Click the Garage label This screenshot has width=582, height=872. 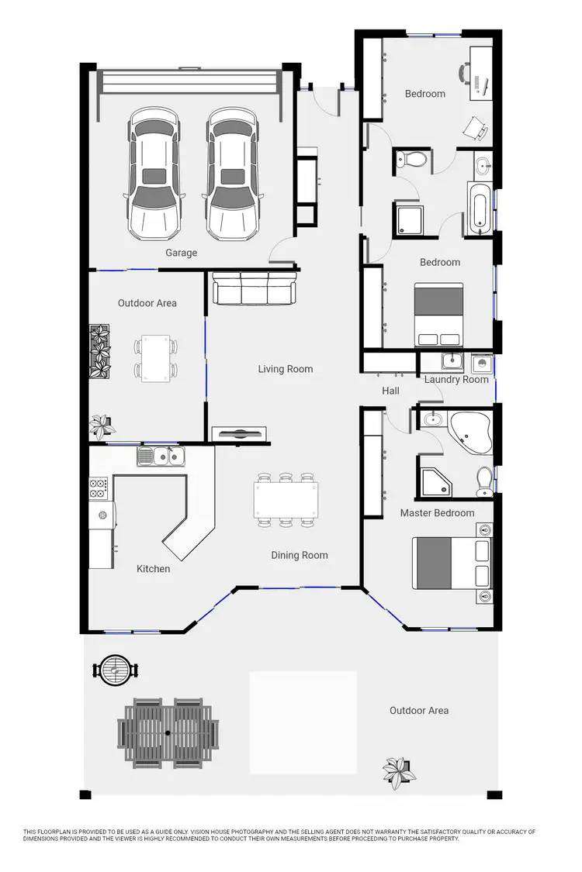tap(181, 253)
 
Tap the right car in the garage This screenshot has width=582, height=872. tap(232, 174)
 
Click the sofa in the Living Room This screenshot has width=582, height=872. tap(254, 289)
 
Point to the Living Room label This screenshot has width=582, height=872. tap(286, 369)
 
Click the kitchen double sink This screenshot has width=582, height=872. tap(161, 457)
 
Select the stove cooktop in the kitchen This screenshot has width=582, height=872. tap(99, 488)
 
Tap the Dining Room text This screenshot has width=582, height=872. tap(299, 555)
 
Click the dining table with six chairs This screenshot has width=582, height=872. tap(286, 500)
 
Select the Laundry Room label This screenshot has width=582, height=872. tap(456, 379)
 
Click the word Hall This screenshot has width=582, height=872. tap(390, 391)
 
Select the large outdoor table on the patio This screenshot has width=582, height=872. tap(168, 732)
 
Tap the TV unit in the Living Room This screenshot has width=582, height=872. tap(240, 434)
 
